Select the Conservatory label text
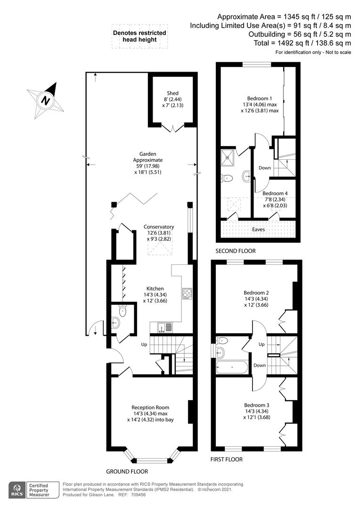click(x=159, y=227)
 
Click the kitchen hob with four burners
click(x=187, y=294)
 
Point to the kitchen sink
click(x=165, y=328)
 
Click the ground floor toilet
click(x=123, y=311)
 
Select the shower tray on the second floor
click(x=229, y=157)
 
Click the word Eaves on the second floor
click(x=258, y=230)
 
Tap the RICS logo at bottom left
click(x=17, y=490)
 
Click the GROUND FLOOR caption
click(x=127, y=471)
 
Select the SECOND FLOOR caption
click(x=236, y=251)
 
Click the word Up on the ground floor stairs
click(x=144, y=344)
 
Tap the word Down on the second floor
click(x=264, y=168)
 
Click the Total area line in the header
click(x=302, y=43)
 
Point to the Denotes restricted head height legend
click(x=139, y=36)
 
